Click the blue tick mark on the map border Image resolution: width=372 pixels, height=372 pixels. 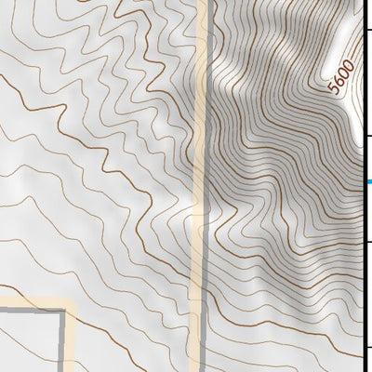coord(368,182)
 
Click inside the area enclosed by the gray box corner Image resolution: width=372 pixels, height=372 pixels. coord(28,344)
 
